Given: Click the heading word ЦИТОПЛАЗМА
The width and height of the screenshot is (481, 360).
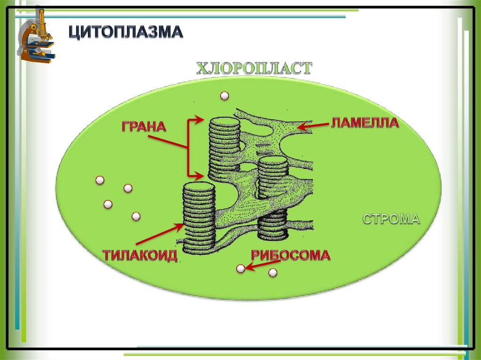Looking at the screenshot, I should pos(126,32).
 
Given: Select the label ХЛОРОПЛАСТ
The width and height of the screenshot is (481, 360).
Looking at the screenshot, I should pos(254,69).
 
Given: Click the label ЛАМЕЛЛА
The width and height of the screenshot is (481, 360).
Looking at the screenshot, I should pos(365,123).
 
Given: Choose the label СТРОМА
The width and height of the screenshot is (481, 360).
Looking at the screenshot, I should pos(391,219).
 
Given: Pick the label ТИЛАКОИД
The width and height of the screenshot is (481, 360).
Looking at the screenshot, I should pos(140,256).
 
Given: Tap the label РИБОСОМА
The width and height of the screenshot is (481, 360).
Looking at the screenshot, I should pos(290,255).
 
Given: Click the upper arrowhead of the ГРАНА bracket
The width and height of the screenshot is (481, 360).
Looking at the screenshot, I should pos(200,120).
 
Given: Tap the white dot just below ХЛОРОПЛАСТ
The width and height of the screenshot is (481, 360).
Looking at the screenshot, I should pos(225,96).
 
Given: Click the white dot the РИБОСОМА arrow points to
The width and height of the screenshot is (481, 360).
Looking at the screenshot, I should pos(240,269).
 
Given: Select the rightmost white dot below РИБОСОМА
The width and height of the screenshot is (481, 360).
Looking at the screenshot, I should pos(272,273).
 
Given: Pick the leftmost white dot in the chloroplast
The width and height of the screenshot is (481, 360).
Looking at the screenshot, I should pos(100,180).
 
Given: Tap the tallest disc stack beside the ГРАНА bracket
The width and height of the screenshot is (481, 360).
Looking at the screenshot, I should pos(224,148).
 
